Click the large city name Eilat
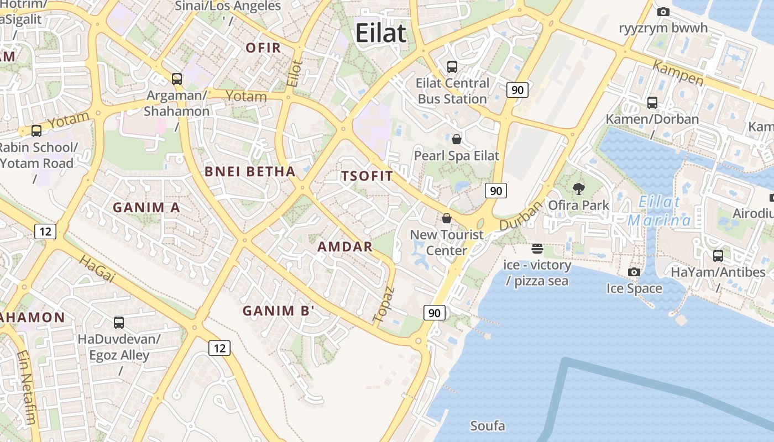click(x=381, y=33)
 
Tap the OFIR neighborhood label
click(x=264, y=48)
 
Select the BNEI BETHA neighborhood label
click(x=250, y=171)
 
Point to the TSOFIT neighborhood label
click(x=367, y=176)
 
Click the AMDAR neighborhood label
click(x=345, y=247)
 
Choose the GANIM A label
click(x=147, y=208)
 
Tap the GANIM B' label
click(x=279, y=311)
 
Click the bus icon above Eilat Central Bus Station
click(x=452, y=67)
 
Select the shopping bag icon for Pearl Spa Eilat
click(x=457, y=139)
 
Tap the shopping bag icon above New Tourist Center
click(x=447, y=218)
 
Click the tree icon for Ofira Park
click(x=579, y=189)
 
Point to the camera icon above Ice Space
click(x=634, y=272)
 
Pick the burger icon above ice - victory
click(x=537, y=249)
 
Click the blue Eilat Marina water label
click(x=659, y=211)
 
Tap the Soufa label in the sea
click(x=488, y=426)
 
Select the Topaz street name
click(x=384, y=304)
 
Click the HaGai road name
click(x=96, y=269)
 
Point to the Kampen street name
click(x=678, y=73)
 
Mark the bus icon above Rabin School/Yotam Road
click(x=36, y=131)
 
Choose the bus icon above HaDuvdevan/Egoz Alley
click(x=119, y=323)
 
